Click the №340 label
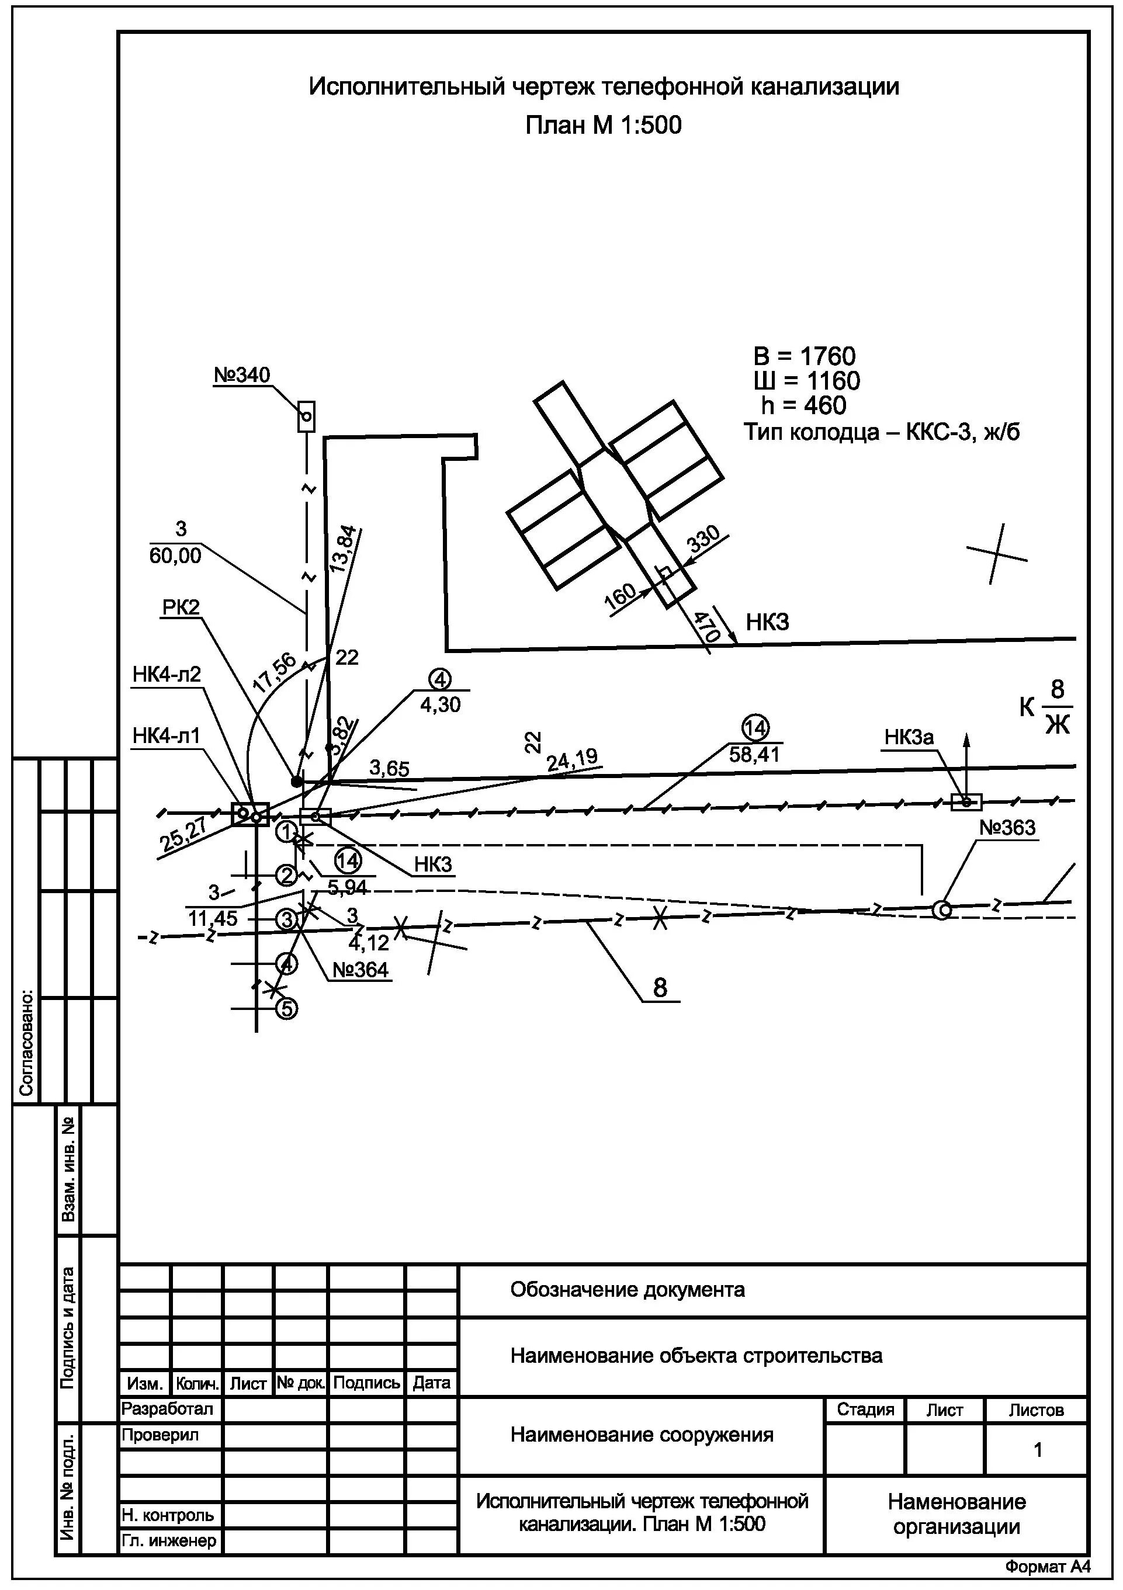coord(242,376)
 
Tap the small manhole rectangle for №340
coord(306,417)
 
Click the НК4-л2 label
coord(167,675)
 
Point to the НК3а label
coord(909,738)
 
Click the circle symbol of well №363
coord(941,910)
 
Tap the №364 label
coord(361,970)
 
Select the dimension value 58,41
coord(754,754)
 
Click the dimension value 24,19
coord(571,759)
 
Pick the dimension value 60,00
coord(175,556)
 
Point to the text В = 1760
coord(805,357)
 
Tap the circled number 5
coord(287,1008)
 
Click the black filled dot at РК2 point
coord(296,782)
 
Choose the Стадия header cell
coord(865,1410)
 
